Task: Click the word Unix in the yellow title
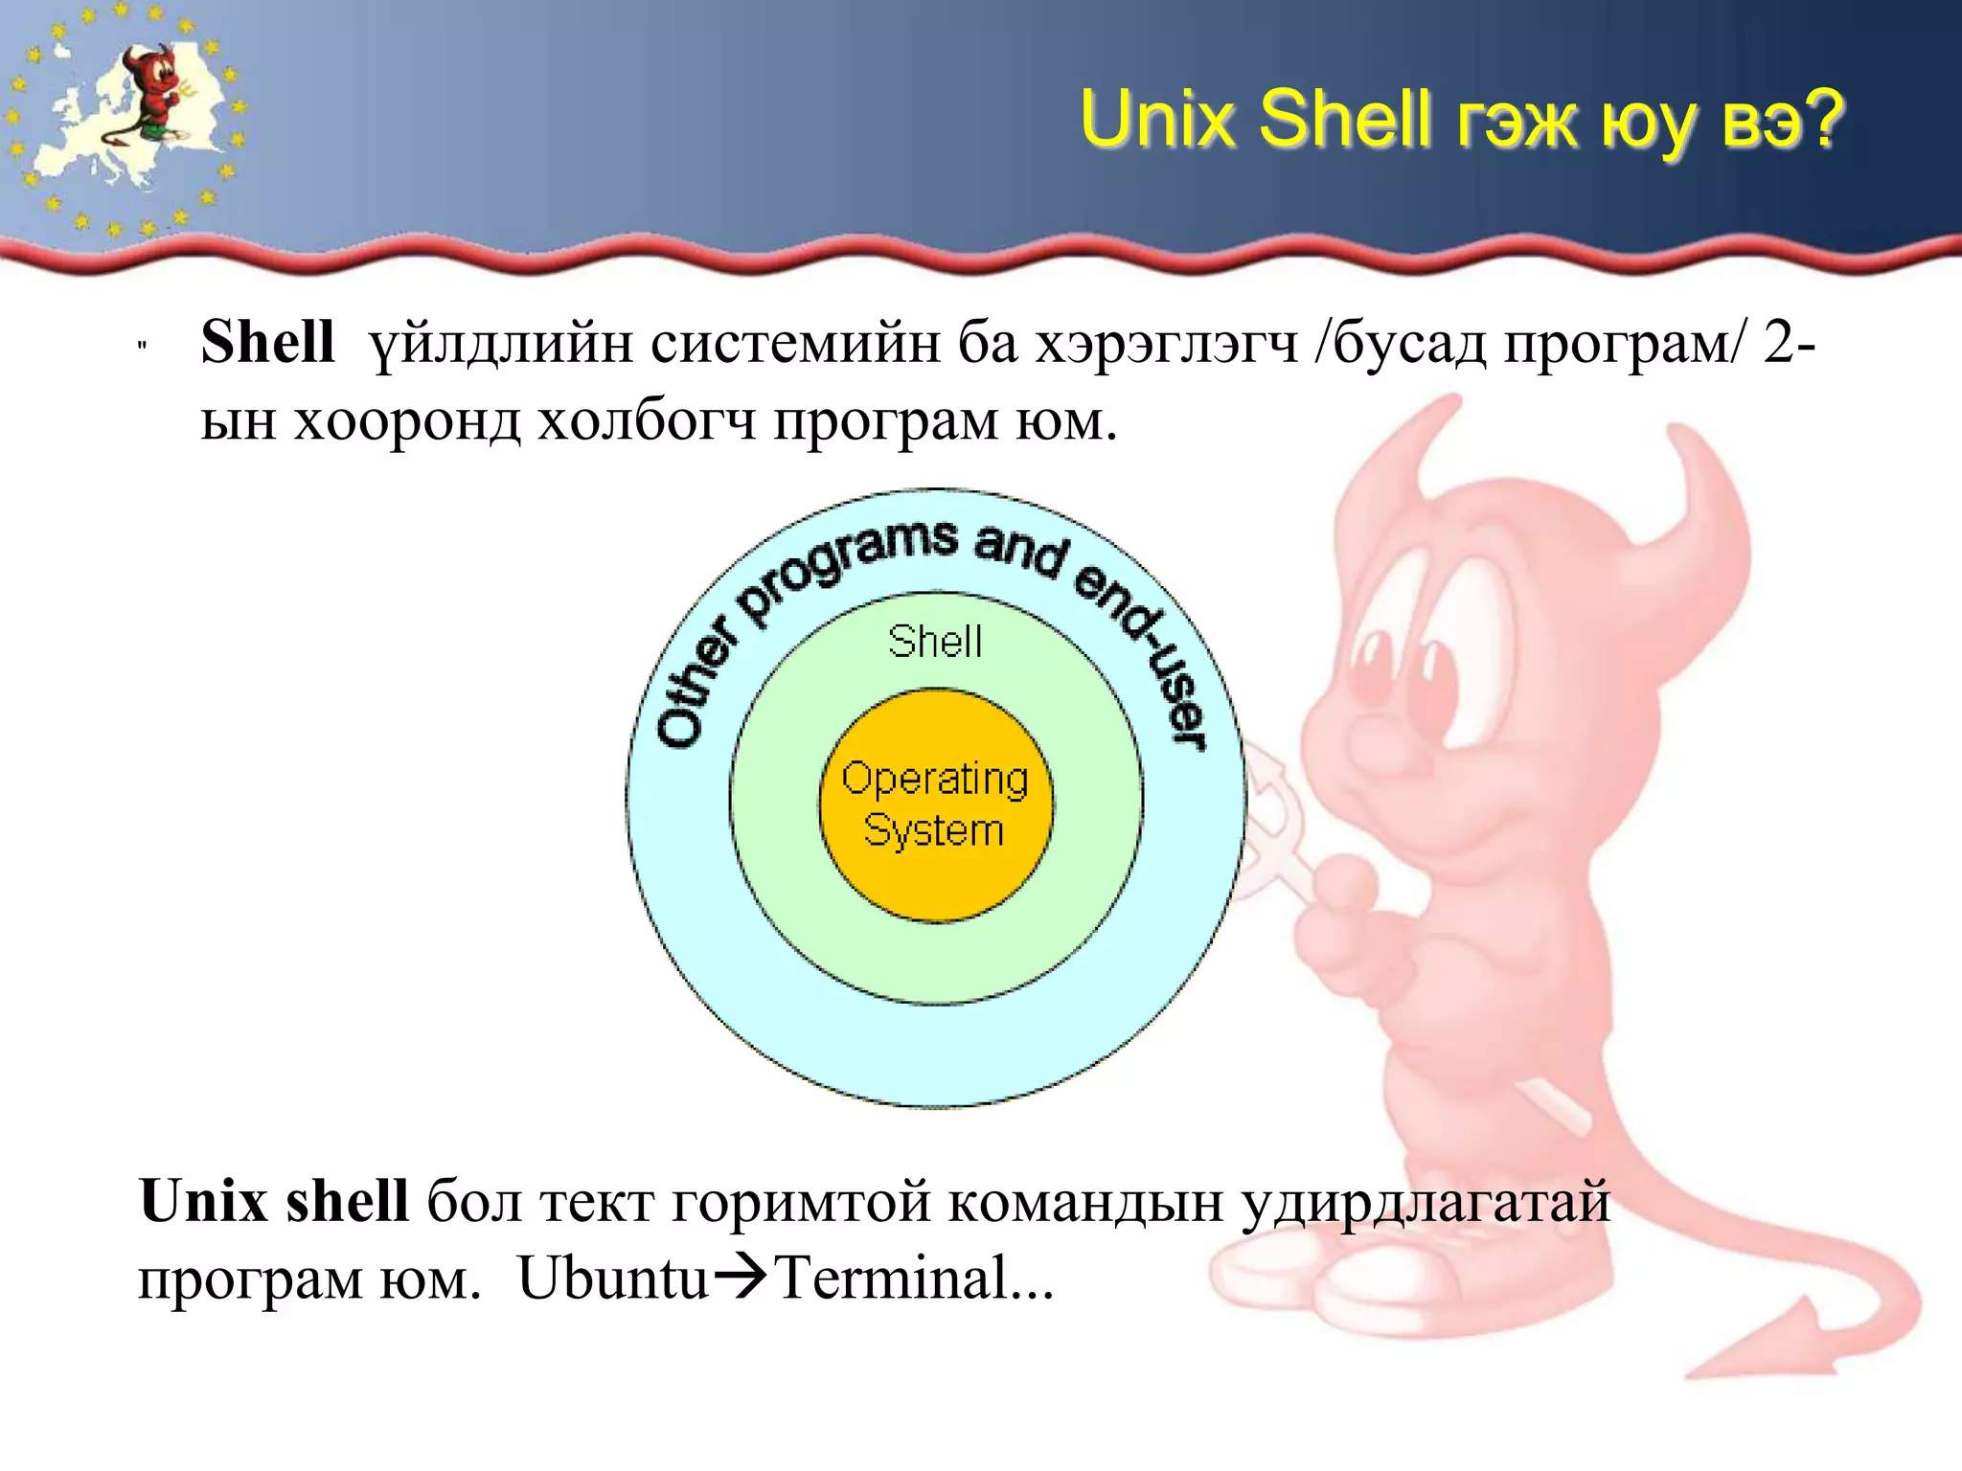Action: (x=1157, y=120)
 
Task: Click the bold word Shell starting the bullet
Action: (x=267, y=342)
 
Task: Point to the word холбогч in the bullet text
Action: (x=648, y=421)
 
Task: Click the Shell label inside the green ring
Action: (x=935, y=642)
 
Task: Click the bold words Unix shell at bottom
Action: (x=274, y=1201)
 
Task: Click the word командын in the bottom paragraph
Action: (x=1086, y=1203)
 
